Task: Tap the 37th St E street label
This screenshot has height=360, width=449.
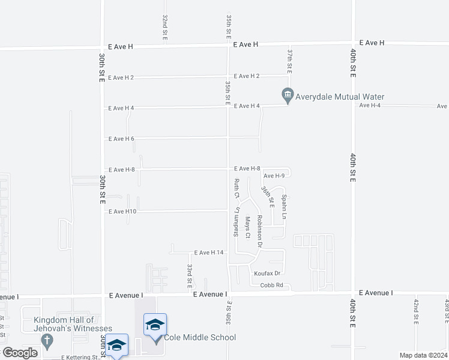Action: point(289,61)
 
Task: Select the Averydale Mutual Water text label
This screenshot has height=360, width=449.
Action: point(341,97)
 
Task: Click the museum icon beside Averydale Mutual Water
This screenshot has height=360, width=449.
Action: point(288,95)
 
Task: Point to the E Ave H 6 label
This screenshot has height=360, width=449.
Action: point(121,139)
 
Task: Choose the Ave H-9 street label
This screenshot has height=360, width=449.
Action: point(274,176)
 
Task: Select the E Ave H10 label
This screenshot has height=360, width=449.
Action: point(122,212)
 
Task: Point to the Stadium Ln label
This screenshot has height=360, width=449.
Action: point(237,222)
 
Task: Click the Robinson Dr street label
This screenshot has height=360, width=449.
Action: point(260,232)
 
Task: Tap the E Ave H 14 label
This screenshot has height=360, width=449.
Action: point(208,253)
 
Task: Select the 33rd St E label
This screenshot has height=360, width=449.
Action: point(190,274)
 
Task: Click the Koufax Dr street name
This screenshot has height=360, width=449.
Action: point(267,274)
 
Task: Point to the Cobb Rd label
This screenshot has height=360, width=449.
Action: point(271,285)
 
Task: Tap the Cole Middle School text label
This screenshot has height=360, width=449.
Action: point(197,338)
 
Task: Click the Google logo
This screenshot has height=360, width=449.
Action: point(20,353)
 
